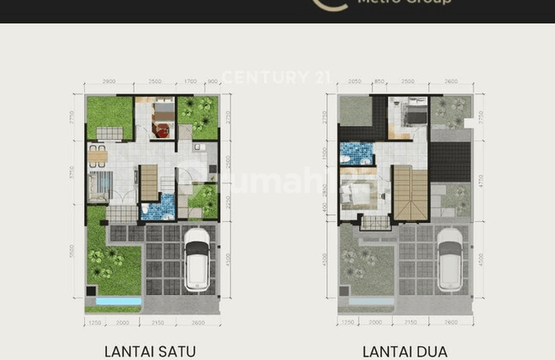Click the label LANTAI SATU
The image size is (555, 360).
click(151, 350)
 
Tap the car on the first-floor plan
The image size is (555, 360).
click(197, 259)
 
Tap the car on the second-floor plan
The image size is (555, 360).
click(450, 259)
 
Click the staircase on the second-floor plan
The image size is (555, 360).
click(409, 193)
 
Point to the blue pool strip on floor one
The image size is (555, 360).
click(119, 302)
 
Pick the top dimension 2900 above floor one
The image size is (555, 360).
click(108, 81)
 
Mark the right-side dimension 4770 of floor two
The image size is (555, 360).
click(480, 183)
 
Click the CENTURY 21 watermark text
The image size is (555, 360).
click(277, 77)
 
